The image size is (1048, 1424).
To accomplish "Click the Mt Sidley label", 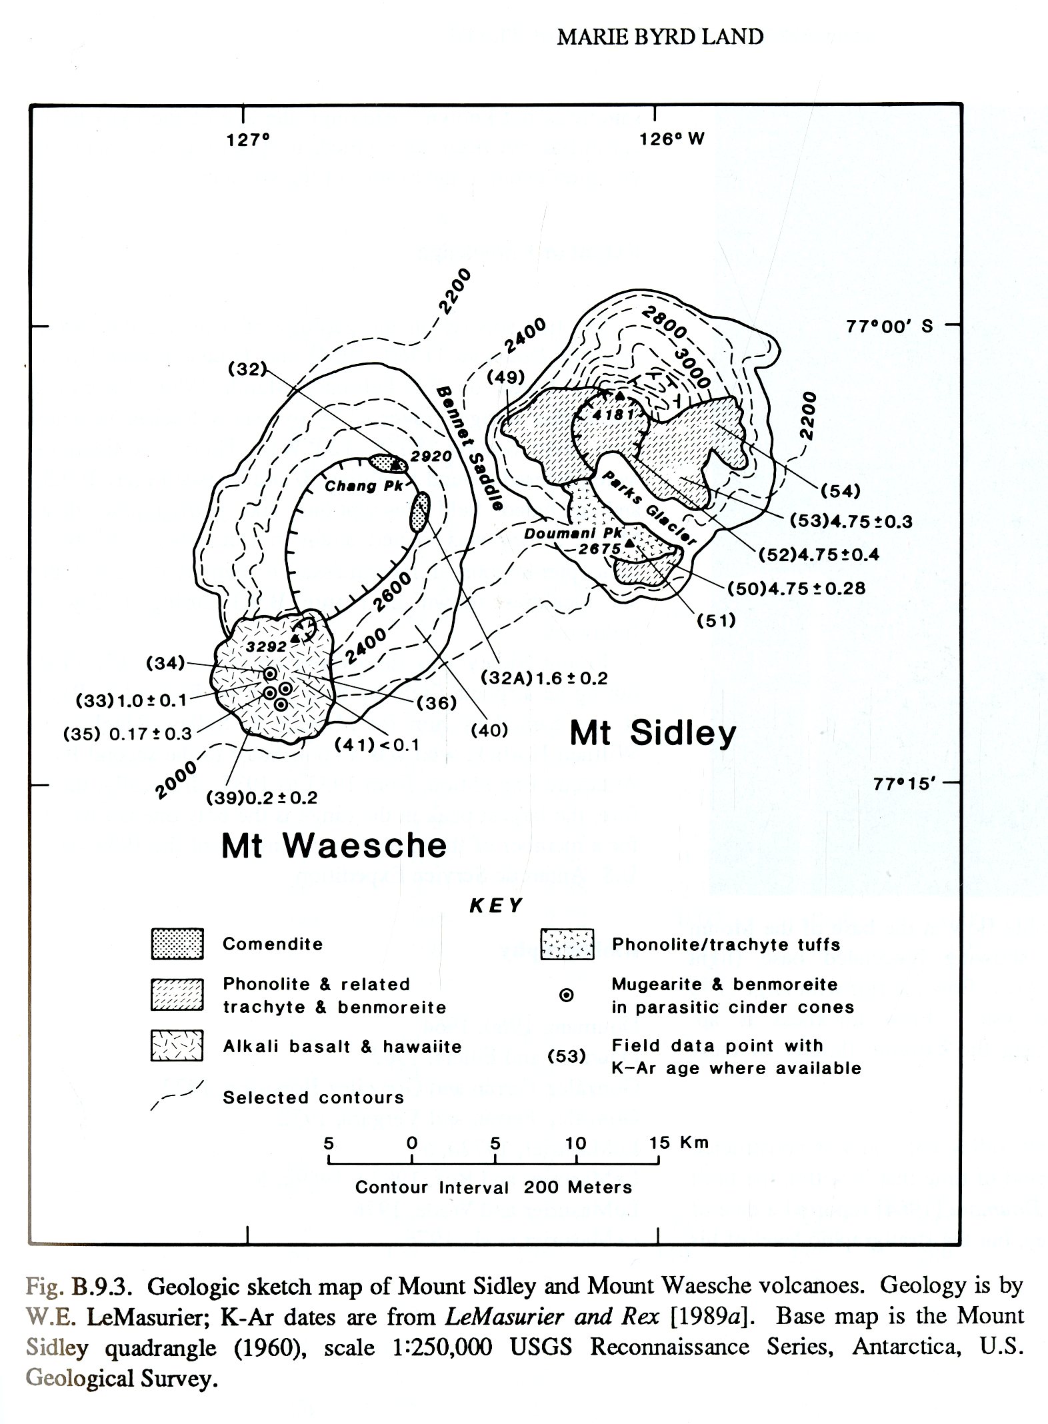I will click(653, 734).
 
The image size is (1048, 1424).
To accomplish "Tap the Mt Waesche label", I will click(333, 846).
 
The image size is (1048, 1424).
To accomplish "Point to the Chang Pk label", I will click(364, 486).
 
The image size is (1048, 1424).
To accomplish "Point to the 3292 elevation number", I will click(266, 646).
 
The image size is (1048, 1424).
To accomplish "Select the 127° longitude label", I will click(247, 140).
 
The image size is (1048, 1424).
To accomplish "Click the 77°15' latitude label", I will click(904, 784).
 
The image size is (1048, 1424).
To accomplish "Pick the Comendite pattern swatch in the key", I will click(177, 944).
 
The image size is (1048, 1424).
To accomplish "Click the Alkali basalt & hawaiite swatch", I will click(177, 1046).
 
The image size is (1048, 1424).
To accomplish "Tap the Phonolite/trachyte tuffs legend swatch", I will click(567, 944).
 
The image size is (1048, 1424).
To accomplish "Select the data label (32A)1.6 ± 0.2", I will click(544, 678).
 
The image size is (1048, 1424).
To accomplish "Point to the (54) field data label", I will click(840, 491).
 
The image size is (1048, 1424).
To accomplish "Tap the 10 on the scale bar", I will click(575, 1143).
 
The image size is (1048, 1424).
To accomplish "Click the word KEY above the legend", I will click(496, 906).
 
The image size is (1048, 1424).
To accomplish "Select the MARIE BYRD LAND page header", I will click(660, 37).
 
